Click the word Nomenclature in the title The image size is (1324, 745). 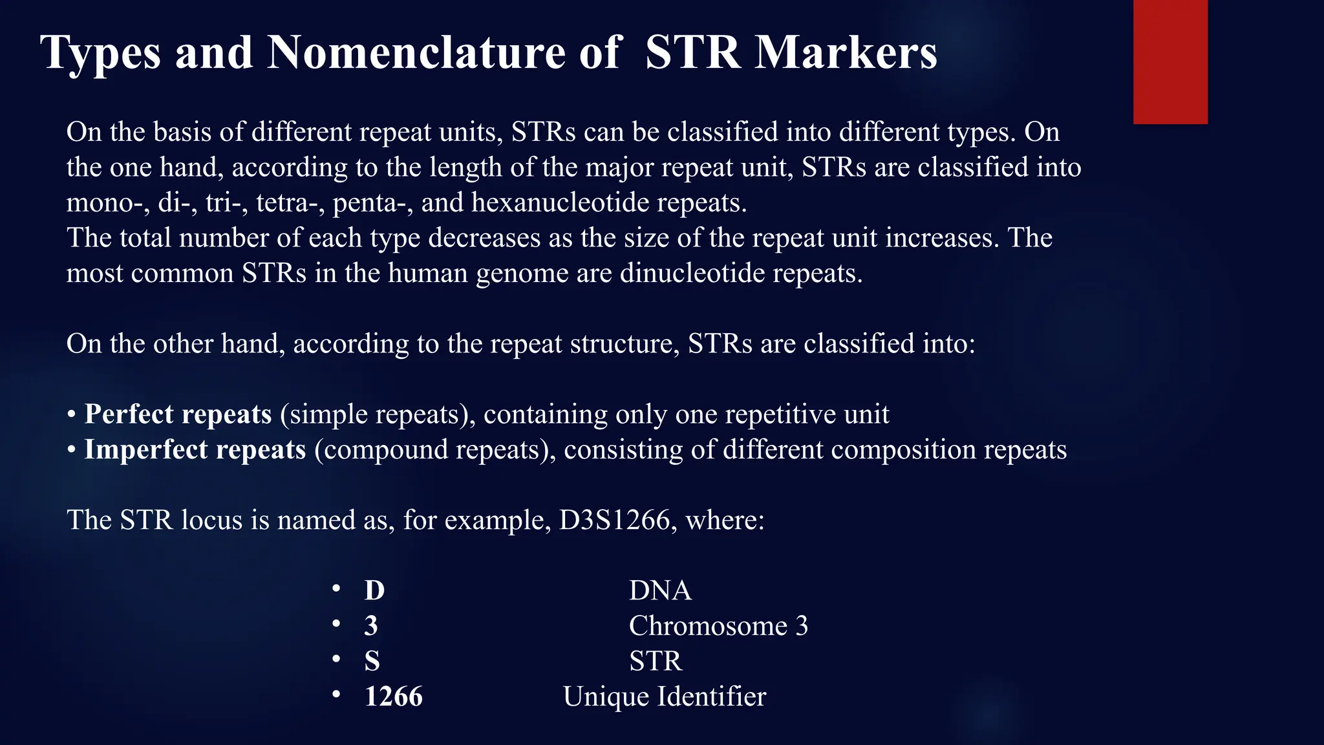point(418,52)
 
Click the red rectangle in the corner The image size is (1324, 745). point(1170,61)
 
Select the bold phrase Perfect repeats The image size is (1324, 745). point(178,414)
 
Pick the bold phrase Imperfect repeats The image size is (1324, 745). point(195,449)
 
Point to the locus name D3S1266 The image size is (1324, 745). point(614,520)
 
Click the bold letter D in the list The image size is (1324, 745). point(374,590)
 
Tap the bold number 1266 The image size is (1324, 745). point(393,696)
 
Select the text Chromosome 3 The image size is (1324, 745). point(718,626)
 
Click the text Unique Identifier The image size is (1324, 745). point(664,696)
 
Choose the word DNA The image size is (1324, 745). point(659,590)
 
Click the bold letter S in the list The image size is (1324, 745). point(372,661)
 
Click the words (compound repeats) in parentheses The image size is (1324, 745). point(434,449)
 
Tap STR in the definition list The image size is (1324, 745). point(655,661)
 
